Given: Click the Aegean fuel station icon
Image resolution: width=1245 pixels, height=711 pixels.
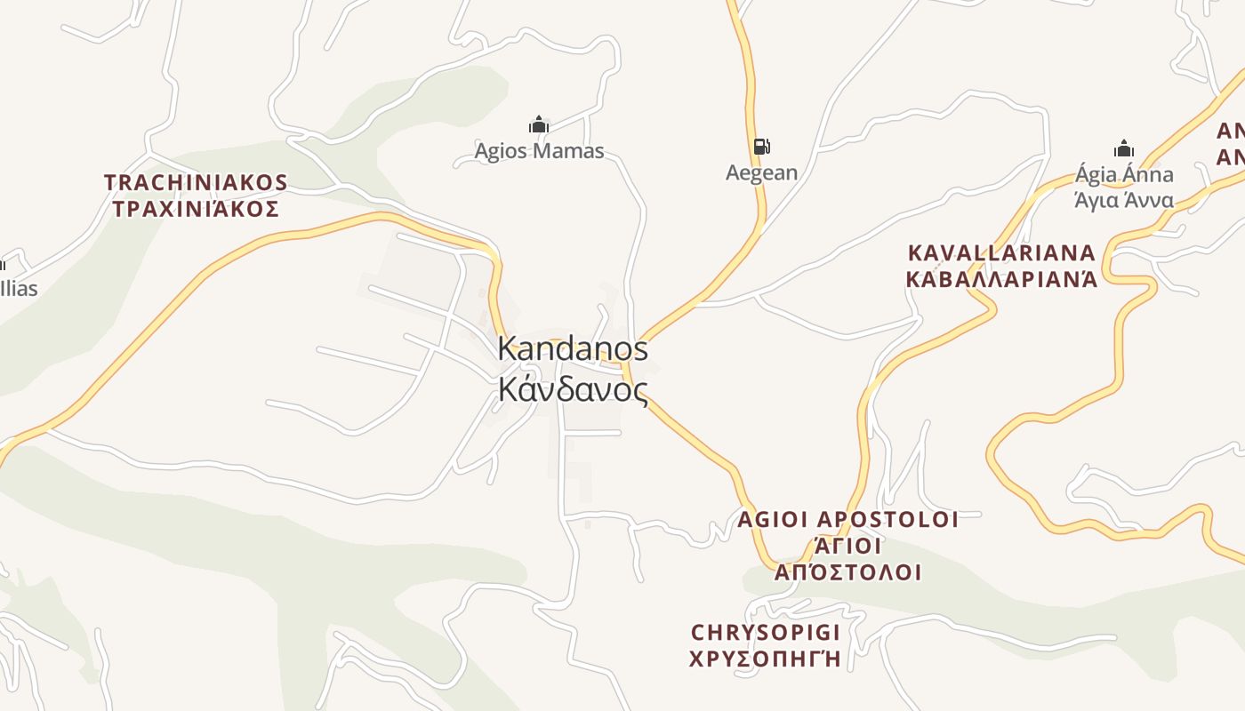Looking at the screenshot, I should click(761, 147).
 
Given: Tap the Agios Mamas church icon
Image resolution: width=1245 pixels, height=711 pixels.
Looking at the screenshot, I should click(538, 125).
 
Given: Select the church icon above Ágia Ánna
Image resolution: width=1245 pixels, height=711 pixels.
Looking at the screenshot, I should click(1124, 148).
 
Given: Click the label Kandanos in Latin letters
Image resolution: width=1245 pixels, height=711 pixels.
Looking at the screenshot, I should click(573, 348).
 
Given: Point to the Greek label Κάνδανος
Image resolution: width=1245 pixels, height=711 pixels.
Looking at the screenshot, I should click(573, 389).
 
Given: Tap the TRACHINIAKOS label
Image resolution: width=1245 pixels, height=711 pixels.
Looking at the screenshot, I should click(196, 183).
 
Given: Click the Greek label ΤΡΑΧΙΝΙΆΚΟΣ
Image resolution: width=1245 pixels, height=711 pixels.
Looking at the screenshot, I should click(196, 210).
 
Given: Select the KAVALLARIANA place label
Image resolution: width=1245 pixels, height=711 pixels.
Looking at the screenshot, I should click(1001, 252).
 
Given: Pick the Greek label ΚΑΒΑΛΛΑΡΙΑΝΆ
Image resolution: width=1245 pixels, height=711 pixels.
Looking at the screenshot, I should click(1001, 279).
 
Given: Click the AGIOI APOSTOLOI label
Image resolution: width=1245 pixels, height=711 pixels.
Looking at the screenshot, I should click(847, 519).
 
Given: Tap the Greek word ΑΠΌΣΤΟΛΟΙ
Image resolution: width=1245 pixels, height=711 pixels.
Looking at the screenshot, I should click(847, 572).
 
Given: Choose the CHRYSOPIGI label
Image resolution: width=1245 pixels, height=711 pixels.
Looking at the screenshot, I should click(766, 633).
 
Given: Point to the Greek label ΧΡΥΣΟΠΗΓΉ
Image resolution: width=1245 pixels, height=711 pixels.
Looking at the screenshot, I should click(766, 659).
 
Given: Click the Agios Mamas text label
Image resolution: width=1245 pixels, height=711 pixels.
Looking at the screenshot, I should click(539, 151).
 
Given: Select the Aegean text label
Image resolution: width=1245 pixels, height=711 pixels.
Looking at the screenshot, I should click(761, 172).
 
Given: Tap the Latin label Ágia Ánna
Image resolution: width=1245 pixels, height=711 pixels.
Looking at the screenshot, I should click(1124, 174).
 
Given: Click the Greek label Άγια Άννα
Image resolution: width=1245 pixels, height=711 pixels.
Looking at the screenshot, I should click(1124, 200).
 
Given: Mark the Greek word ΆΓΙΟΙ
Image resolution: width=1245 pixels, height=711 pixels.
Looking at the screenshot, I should click(847, 546).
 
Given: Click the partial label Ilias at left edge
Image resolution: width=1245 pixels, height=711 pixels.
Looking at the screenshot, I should click(19, 288).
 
